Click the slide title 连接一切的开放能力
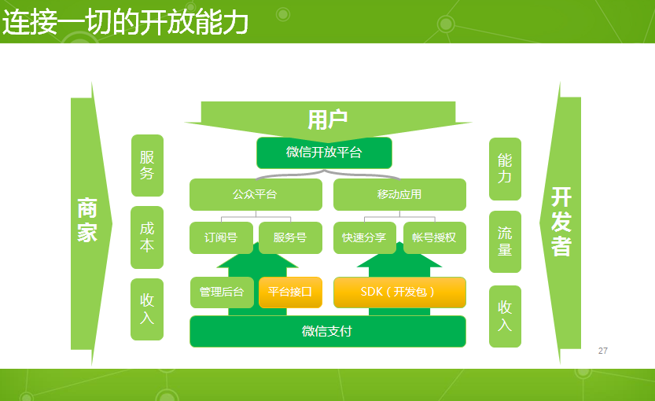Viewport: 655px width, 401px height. pos(126,23)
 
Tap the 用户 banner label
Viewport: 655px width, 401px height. pos(328,120)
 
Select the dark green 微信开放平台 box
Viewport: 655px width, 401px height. pos(324,153)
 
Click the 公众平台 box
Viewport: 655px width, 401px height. pos(256,194)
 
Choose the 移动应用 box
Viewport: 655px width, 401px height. pos(399,194)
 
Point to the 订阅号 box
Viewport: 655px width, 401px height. pos(221,237)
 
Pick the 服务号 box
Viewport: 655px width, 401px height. pos(290,237)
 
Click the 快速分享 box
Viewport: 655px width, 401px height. pos(365,237)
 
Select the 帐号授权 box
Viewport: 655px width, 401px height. pos(434,237)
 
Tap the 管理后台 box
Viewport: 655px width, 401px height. pos(222,292)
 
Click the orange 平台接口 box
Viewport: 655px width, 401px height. pos(290,292)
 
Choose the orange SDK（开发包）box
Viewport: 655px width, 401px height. pos(399,292)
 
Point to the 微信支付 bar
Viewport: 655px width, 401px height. pos(327,331)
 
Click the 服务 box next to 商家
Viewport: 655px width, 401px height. pos(147,165)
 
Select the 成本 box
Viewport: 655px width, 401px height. pos(147,237)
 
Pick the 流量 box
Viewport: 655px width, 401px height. pos(505,241)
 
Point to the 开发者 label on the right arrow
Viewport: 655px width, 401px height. pos(561,222)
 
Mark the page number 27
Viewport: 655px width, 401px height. pos(603,351)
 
